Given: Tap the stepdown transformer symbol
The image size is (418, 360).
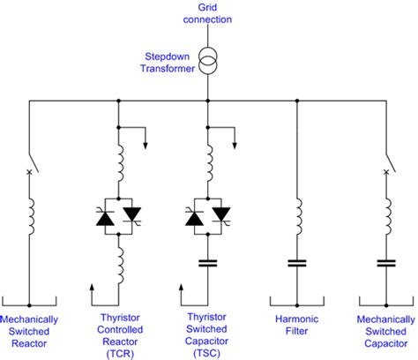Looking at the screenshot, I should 207,62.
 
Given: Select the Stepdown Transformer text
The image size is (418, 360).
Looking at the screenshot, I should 168,62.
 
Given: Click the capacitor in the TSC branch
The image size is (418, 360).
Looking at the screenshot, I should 207,263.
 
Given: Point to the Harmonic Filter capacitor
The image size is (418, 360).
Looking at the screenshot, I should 296,263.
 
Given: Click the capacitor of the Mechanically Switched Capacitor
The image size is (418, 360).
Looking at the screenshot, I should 385,263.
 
